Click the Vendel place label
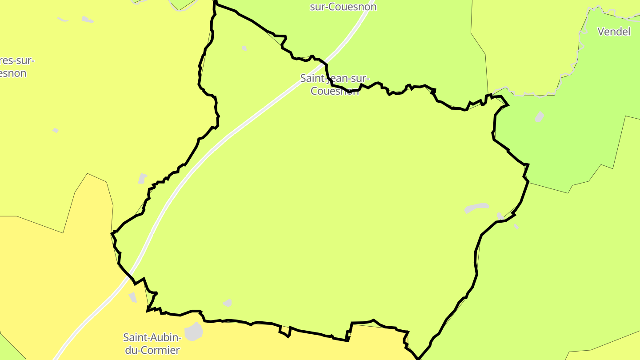(x=614, y=32)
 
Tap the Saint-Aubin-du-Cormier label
(x=152, y=343)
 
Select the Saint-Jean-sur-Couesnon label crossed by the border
(x=334, y=84)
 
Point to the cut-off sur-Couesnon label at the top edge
(x=343, y=7)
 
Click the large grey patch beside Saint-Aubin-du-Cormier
(x=193, y=332)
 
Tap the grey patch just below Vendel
(x=539, y=117)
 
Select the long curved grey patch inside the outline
(x=476, y=208)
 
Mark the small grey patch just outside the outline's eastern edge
(x=516, y=226)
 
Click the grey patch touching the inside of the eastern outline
(x=500, y=216)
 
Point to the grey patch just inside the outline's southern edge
(x=228, y=303)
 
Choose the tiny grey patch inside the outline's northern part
(x=244, y=48)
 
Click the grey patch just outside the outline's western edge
(x=142, y=178)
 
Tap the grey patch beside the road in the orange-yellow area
(x=133, y=297)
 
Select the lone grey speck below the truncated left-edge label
(x=56, y=130)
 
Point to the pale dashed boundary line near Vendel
(x=580, y=44)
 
